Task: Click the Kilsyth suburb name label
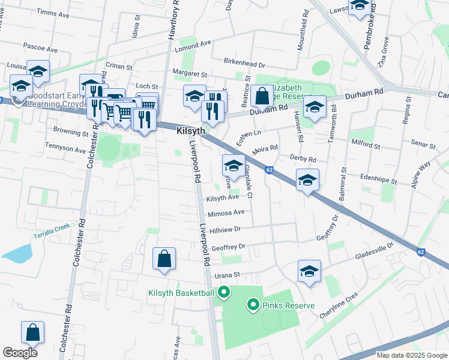(191, 131)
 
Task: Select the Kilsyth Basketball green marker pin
(224, 293)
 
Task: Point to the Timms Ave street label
(53, 12)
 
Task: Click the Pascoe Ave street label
(40, 46)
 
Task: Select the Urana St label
(228, 274)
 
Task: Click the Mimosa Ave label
(226, 213)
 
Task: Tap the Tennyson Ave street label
(65, 146)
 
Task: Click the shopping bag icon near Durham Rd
(262, 95)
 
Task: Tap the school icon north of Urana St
(309, 271)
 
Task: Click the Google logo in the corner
(20, 352)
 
